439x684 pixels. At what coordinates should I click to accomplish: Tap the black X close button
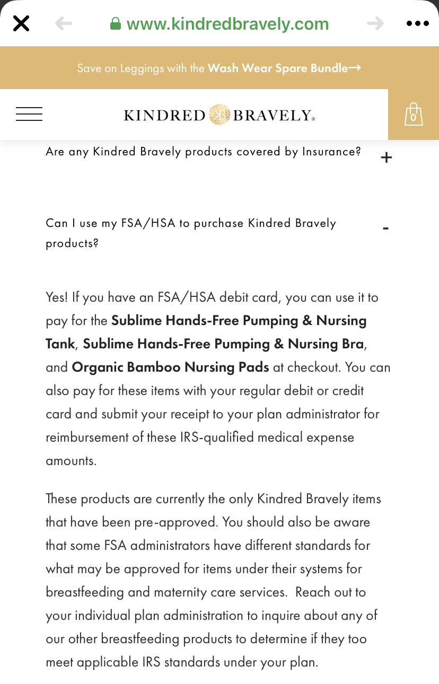click(x=21, y=23)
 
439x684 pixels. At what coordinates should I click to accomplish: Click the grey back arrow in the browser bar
click(x=63, y=23)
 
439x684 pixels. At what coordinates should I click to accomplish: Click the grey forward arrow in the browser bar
click(x=375, y=23)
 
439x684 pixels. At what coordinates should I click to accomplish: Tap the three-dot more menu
click(x=417, y=23)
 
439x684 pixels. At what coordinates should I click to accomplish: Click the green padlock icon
click(x=115, y=24)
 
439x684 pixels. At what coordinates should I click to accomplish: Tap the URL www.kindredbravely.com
click(x=227, y=24)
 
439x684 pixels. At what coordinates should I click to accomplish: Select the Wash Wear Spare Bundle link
click(x=284, y=68)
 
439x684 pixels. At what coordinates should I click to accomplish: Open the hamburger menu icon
click(x=29, y=114)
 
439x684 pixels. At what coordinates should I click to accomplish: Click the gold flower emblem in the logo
click(x=219, y=115)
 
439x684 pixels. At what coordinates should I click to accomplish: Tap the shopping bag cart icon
click(x=414, y=115)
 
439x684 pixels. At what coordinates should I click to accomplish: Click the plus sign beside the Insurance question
click(x=387, y=157)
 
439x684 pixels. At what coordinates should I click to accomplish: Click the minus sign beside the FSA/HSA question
click(x=385, y=228)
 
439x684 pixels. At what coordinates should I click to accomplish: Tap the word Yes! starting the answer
click(x=57, y=297)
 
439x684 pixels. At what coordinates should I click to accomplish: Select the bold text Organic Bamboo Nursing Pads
click(x=170, y=367)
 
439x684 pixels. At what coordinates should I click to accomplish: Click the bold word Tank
click(x=60, y=344)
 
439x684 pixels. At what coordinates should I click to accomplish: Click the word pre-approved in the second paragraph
click(x=181, y=522)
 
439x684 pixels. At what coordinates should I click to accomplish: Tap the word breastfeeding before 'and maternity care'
click(x=85, y=592)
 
